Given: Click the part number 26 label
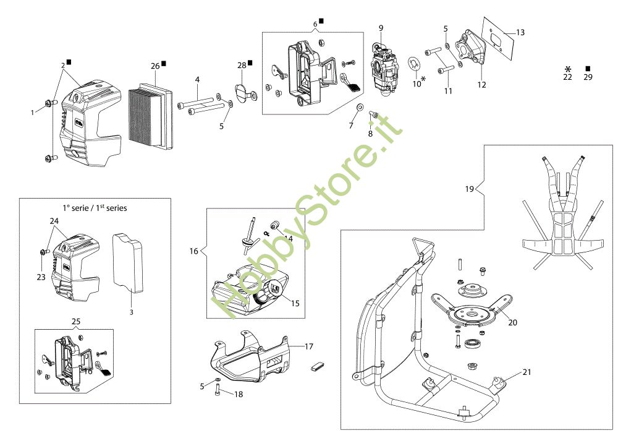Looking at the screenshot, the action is [x=155, y=66].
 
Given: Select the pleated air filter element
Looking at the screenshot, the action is [x=151, y=118].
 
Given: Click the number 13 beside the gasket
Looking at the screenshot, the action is [x=520, y=32].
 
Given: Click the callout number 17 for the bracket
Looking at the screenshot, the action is [x=308, y=346].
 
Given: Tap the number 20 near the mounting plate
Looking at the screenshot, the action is [x=512, y=322].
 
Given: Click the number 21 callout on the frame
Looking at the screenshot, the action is [x=527, y=372].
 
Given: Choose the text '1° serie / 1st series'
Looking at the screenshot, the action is [x=95, y=208].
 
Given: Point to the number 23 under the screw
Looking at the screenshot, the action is [x=41, y=277].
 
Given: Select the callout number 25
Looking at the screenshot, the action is [x=75, y=322].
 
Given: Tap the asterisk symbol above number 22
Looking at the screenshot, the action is [x=568, y=69].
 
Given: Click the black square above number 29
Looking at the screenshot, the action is [x=588, y=68].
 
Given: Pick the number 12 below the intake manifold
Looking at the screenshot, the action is [x=481, y=84].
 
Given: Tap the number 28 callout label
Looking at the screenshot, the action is [x=242, y=65].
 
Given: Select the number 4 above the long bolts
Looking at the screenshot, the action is [x=197, y=80].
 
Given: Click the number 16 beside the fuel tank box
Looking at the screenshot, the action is [x=193, y=251].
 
